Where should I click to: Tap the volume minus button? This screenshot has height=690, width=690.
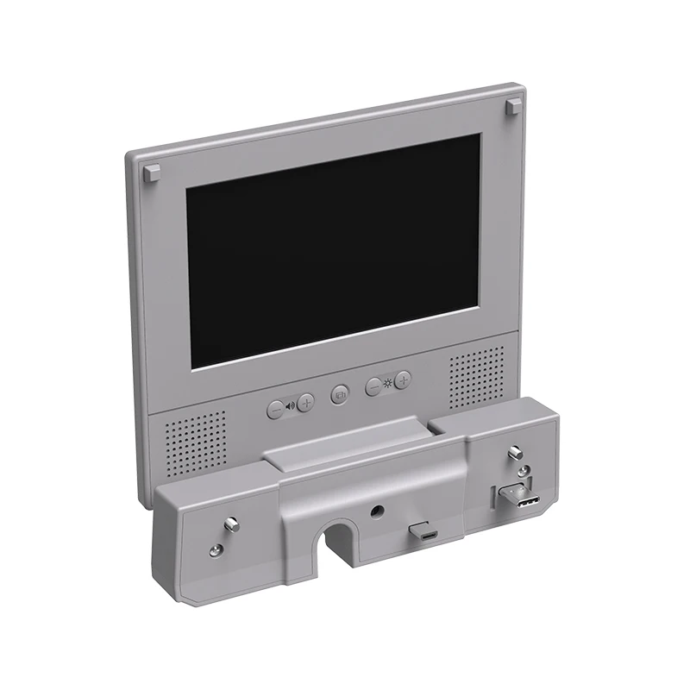(x=274, y=410)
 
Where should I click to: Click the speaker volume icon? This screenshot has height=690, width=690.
(x=291, y=405)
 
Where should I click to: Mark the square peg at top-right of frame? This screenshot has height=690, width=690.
(x=514, y=106)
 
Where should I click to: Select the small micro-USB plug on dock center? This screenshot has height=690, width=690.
(x=425, y=535)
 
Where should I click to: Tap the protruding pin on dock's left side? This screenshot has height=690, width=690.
(x=231, y=523)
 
